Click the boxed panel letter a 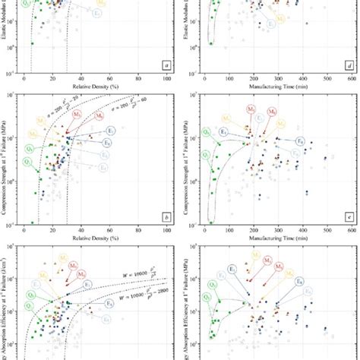166,65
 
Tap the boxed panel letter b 166,216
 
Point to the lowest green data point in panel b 32,222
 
